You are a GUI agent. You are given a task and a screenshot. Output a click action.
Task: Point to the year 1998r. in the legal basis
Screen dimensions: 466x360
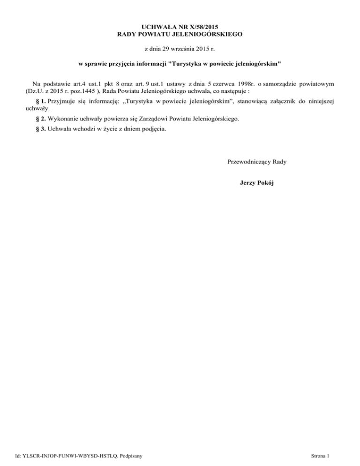[x=242, y=84]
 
